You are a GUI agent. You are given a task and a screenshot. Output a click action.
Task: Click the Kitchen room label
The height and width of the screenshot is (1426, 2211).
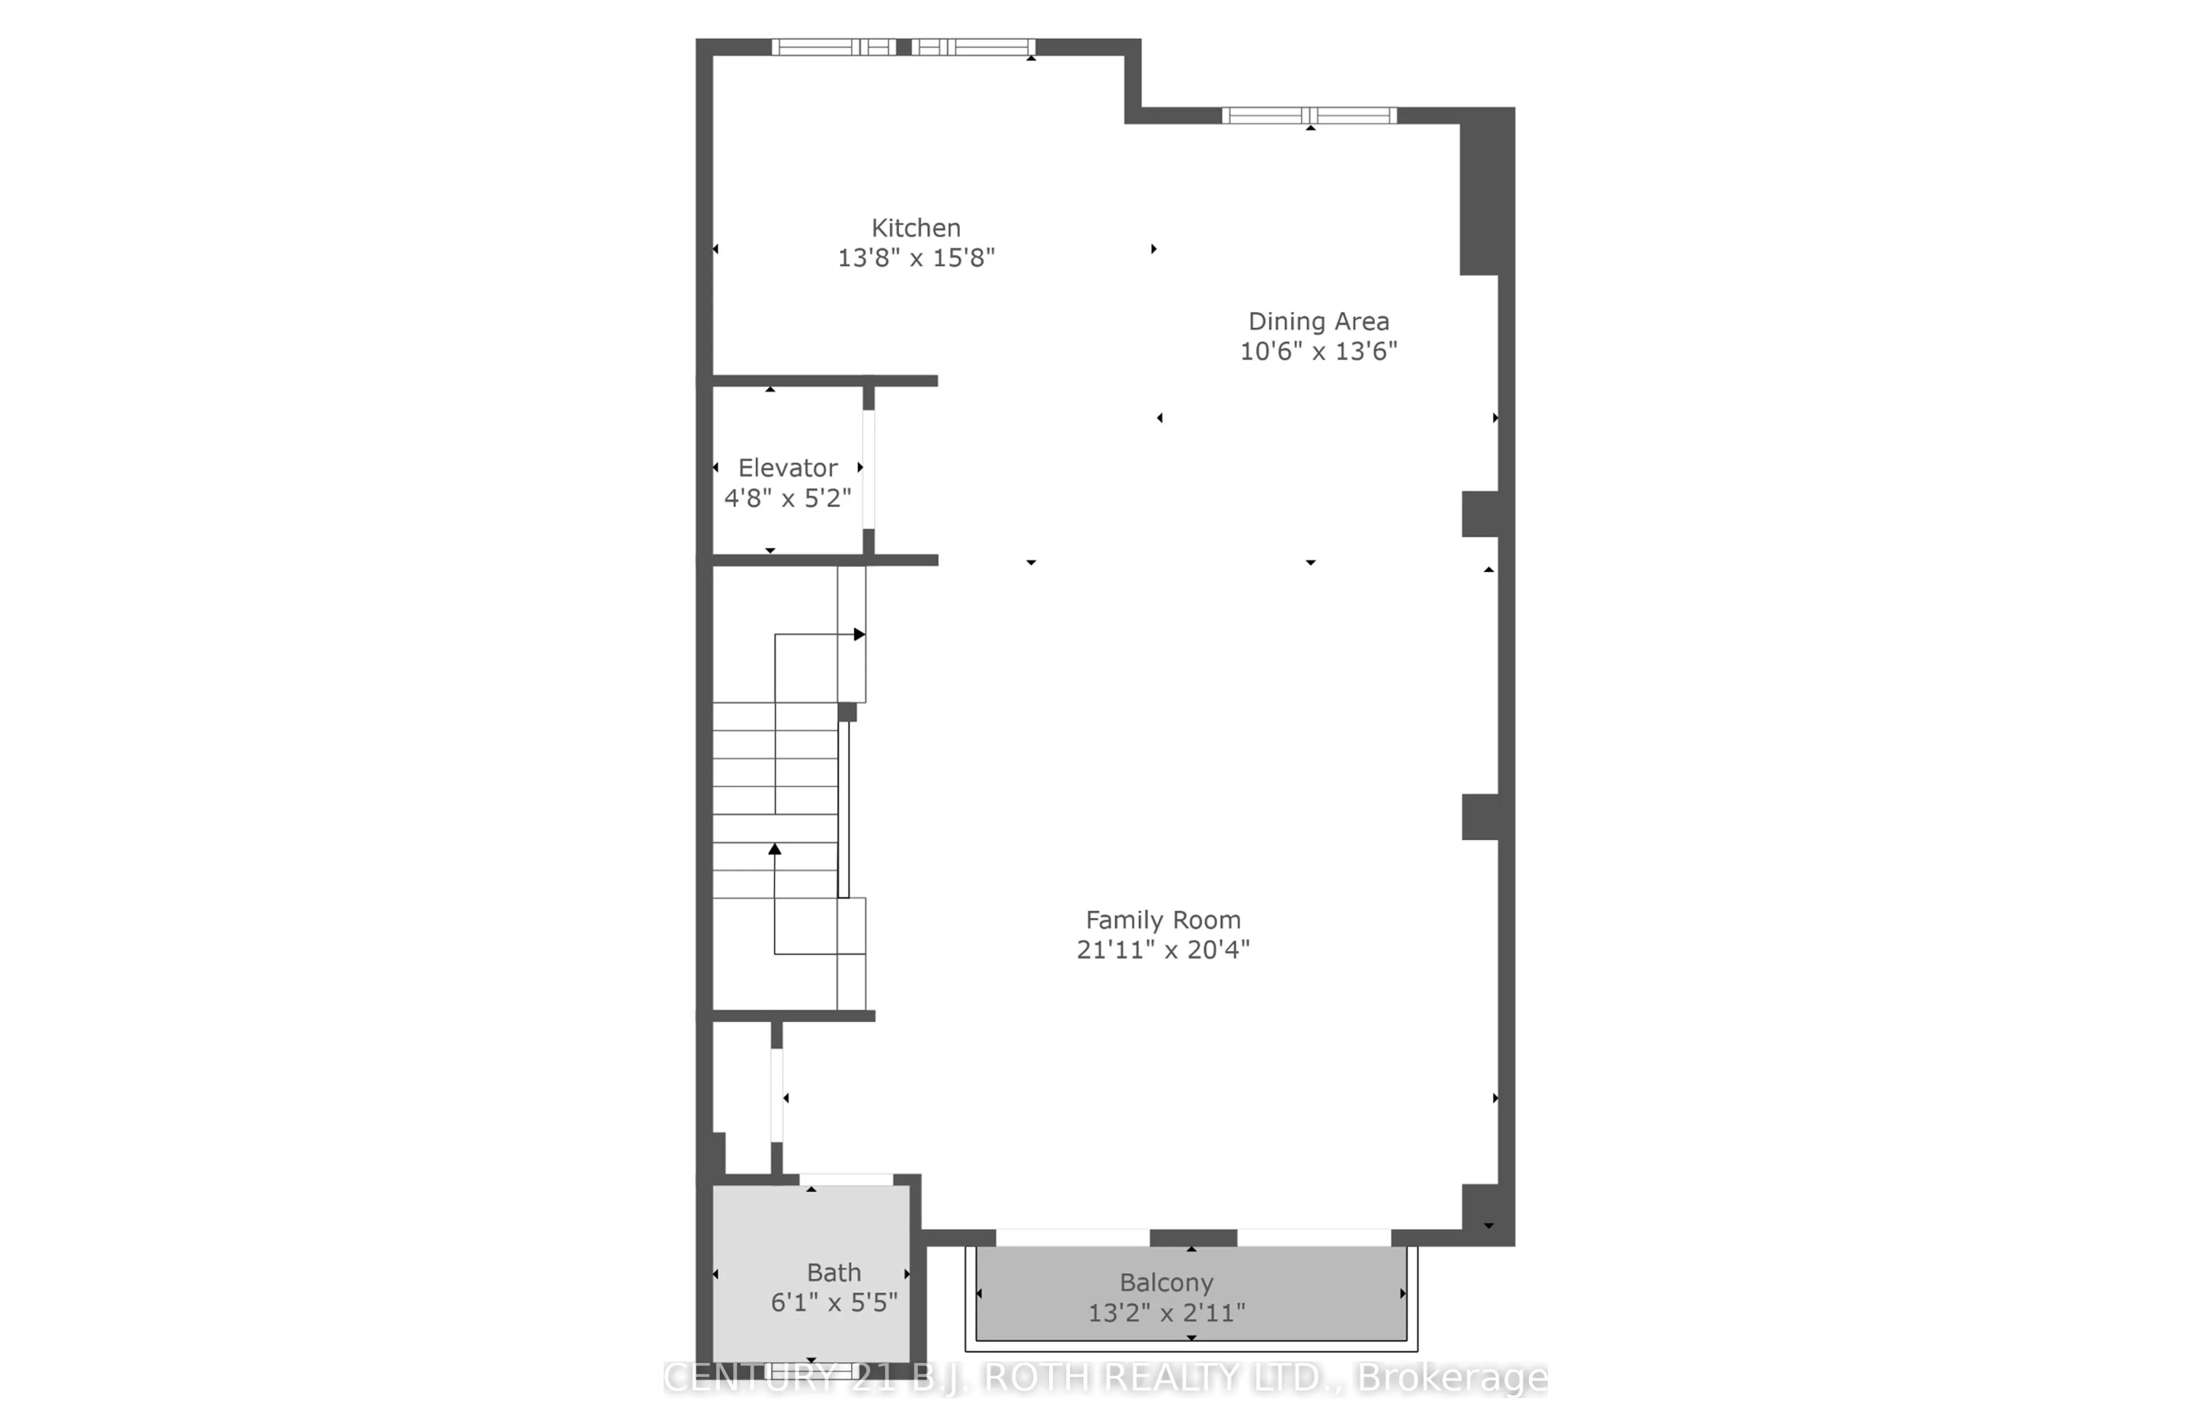(x=916, y=228)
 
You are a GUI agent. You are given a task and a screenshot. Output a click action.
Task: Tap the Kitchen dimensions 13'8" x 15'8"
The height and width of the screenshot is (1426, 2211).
(x=916, y=257)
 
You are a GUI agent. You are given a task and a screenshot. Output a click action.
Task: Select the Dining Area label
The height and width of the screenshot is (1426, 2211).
(x=1318, y=321)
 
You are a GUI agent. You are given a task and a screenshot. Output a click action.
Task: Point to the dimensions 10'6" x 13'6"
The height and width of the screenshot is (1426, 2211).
(x=1318, y=351)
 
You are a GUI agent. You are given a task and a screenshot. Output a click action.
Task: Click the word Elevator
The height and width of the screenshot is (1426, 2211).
(x=788, y=468)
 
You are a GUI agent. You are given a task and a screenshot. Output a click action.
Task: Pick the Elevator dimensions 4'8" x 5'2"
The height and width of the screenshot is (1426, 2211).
(x=788, y=498)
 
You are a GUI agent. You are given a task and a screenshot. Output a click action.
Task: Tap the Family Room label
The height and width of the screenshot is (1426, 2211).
(x=1163, y=919)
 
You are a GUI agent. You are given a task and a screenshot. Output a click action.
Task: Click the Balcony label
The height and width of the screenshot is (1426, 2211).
(x=1166, y=1282)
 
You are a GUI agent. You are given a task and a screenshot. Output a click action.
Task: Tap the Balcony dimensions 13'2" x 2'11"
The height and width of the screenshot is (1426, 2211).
(x=1166, y=1313)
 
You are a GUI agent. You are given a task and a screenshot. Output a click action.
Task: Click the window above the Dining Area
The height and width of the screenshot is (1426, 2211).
(x=1309, y=116)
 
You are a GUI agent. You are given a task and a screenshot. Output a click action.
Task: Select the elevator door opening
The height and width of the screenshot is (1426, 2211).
(x=868, y=470)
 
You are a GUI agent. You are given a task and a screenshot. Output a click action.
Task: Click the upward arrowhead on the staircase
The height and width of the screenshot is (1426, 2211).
(x=775, y=848)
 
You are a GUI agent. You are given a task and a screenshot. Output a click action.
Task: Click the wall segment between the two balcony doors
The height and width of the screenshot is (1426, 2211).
(x=1193, y=1238)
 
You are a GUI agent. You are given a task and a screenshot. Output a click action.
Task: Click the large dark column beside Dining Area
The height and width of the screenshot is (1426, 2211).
(x=1486, y=192)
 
